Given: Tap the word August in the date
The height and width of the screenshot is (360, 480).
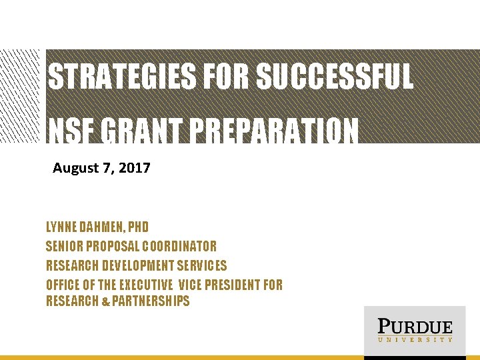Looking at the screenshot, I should [x=75, y=168].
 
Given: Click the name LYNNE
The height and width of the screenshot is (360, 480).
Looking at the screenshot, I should [x=61, y=227].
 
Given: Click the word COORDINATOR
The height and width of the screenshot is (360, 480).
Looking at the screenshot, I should [x=177, y=246].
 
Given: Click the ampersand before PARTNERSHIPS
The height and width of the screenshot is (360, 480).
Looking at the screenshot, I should [x=107, y=302].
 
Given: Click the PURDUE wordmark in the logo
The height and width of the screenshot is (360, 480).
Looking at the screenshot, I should [x=415, y=327].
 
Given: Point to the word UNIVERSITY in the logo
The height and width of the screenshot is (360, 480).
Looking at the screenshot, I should [x=415, y=340].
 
